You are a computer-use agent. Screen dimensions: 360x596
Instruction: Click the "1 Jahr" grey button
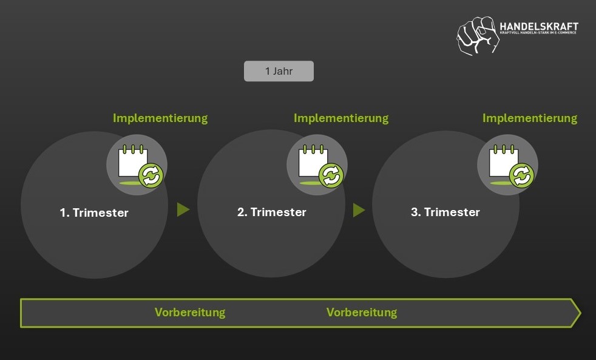(279, 71)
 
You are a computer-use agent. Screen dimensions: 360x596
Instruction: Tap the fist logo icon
(476, 35)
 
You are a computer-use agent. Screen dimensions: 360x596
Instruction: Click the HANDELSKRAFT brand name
(538, 27)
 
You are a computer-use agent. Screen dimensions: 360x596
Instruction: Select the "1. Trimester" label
(94, 212)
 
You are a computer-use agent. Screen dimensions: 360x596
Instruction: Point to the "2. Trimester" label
(271, 212)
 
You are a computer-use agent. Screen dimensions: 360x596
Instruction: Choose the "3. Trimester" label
(445, 212)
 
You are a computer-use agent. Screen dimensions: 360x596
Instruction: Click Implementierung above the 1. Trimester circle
(160, 118)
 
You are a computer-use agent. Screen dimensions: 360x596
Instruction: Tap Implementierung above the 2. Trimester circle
(341, 118)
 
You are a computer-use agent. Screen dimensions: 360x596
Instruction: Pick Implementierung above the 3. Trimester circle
(530, 118)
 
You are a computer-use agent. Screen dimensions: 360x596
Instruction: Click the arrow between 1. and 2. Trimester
(183, 209)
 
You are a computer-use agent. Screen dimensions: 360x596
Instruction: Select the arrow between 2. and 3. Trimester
(359, 209)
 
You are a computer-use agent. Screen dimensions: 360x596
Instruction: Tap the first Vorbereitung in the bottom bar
(190, 313)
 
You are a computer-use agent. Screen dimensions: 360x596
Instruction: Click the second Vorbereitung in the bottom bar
(362, 313)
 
